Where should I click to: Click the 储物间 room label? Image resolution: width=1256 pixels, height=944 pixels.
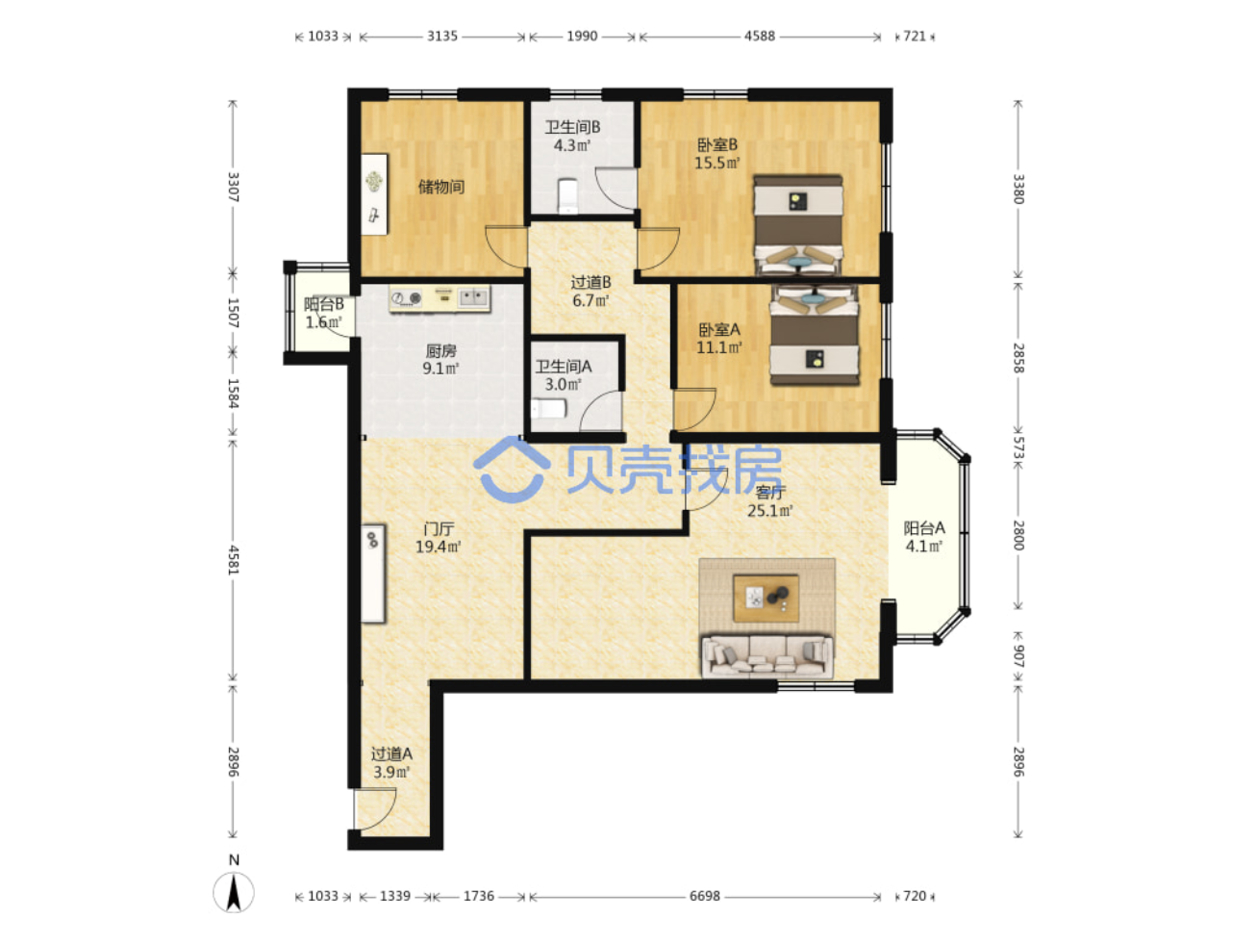tap(440, 187)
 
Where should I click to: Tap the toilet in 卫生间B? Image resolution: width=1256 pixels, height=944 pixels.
tap(567, 195)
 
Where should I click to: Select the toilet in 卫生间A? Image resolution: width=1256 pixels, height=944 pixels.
tap(549, 409)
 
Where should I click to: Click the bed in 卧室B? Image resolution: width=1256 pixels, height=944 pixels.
tap(797, 225)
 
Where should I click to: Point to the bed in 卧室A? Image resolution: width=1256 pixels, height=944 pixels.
tap(814, 336)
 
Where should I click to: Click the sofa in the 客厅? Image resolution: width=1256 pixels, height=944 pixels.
tap(766, 656)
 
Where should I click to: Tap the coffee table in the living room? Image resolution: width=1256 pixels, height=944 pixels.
tap(766, 598)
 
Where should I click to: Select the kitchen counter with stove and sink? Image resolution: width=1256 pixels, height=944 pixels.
tap(440, 298)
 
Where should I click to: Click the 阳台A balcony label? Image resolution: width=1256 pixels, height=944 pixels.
tap(923, 528)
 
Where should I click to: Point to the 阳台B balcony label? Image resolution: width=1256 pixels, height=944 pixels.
tap(323, 303)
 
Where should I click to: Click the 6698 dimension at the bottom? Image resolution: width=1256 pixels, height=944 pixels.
tap(704, 896)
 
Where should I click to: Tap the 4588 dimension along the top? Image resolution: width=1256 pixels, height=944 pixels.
tap(760, 36)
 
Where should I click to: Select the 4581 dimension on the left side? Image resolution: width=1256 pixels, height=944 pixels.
tap(234, 560)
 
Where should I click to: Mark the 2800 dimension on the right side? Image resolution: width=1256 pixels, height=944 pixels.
tap(1018, 535)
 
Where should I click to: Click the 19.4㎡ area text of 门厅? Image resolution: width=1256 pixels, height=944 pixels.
tap(438, 547)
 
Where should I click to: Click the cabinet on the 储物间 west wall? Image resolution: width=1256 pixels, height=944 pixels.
tap(374, 194)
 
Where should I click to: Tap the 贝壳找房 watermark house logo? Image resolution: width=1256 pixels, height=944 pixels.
tap(512, 470)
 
